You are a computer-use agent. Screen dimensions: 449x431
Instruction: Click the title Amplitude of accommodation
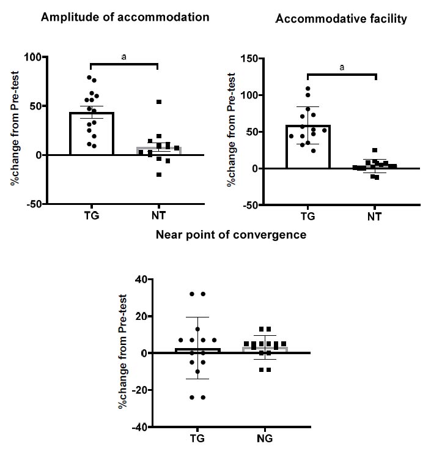tap(125, 17)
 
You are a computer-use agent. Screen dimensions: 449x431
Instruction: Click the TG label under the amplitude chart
tap(90, 215)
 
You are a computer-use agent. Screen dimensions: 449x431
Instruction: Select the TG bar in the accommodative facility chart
tap(308, 147)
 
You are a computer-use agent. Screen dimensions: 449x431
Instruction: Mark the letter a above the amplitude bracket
tap(124, 57)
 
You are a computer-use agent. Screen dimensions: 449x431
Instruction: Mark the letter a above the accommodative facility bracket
tap(342, 68)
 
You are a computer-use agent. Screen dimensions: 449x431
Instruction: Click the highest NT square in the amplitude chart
tap(159, 102)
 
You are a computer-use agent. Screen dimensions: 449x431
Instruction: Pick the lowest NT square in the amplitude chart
tap(159, 174)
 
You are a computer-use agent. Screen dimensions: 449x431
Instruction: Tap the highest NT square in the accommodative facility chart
tap(374, 150)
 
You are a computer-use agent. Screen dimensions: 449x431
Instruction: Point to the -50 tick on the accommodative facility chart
tap(249, 205)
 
